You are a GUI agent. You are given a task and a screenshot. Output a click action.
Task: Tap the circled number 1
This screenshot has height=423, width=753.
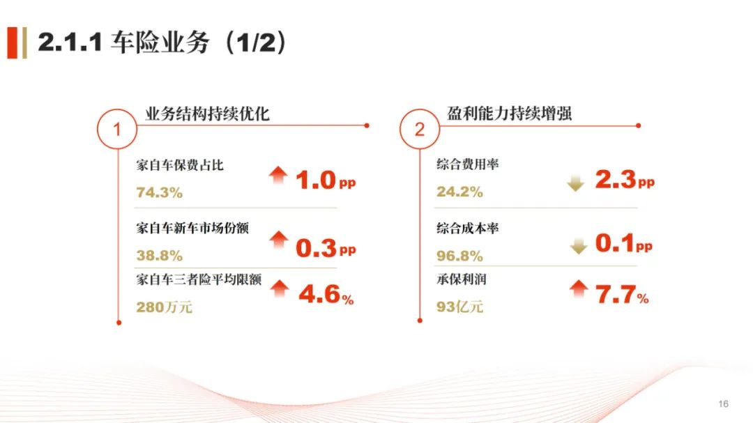[116, 129]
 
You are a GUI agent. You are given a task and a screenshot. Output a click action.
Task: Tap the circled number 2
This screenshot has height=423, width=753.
[419, 129]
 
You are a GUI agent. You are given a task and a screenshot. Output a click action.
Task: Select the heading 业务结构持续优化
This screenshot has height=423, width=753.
[207, 114]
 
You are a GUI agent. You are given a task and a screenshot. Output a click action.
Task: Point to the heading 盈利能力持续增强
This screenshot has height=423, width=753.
[509, 114]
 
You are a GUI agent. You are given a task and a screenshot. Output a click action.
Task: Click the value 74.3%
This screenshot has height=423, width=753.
[160, 192]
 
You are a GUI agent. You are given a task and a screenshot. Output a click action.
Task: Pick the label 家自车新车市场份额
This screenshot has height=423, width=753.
[192, 228]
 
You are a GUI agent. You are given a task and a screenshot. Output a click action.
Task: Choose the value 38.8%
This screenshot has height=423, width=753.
[160, 256]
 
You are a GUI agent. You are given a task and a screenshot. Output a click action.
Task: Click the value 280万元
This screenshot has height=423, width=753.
[165, 307]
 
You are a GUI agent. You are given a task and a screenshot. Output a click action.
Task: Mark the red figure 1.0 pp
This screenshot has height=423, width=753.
[326, 180]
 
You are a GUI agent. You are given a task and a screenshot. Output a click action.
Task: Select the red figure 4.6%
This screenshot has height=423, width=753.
[326, 294]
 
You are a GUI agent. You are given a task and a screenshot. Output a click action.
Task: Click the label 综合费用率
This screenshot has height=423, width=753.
[467, 164]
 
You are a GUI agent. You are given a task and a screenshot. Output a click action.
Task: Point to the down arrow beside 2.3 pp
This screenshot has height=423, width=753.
[576, 183]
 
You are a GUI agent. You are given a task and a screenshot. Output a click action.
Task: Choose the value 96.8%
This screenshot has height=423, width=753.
[459, 256]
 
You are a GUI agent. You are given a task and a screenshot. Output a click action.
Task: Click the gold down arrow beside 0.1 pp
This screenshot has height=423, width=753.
[579, 245]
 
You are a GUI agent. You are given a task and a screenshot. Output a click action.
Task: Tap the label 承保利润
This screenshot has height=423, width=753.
[461, 279]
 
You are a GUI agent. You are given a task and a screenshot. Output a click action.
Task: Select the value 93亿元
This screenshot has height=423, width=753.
[459, 307]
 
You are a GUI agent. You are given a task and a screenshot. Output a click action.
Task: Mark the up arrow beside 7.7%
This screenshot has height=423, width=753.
[579, 289]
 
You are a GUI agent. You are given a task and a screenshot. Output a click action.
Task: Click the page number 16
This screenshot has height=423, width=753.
[723, 403]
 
